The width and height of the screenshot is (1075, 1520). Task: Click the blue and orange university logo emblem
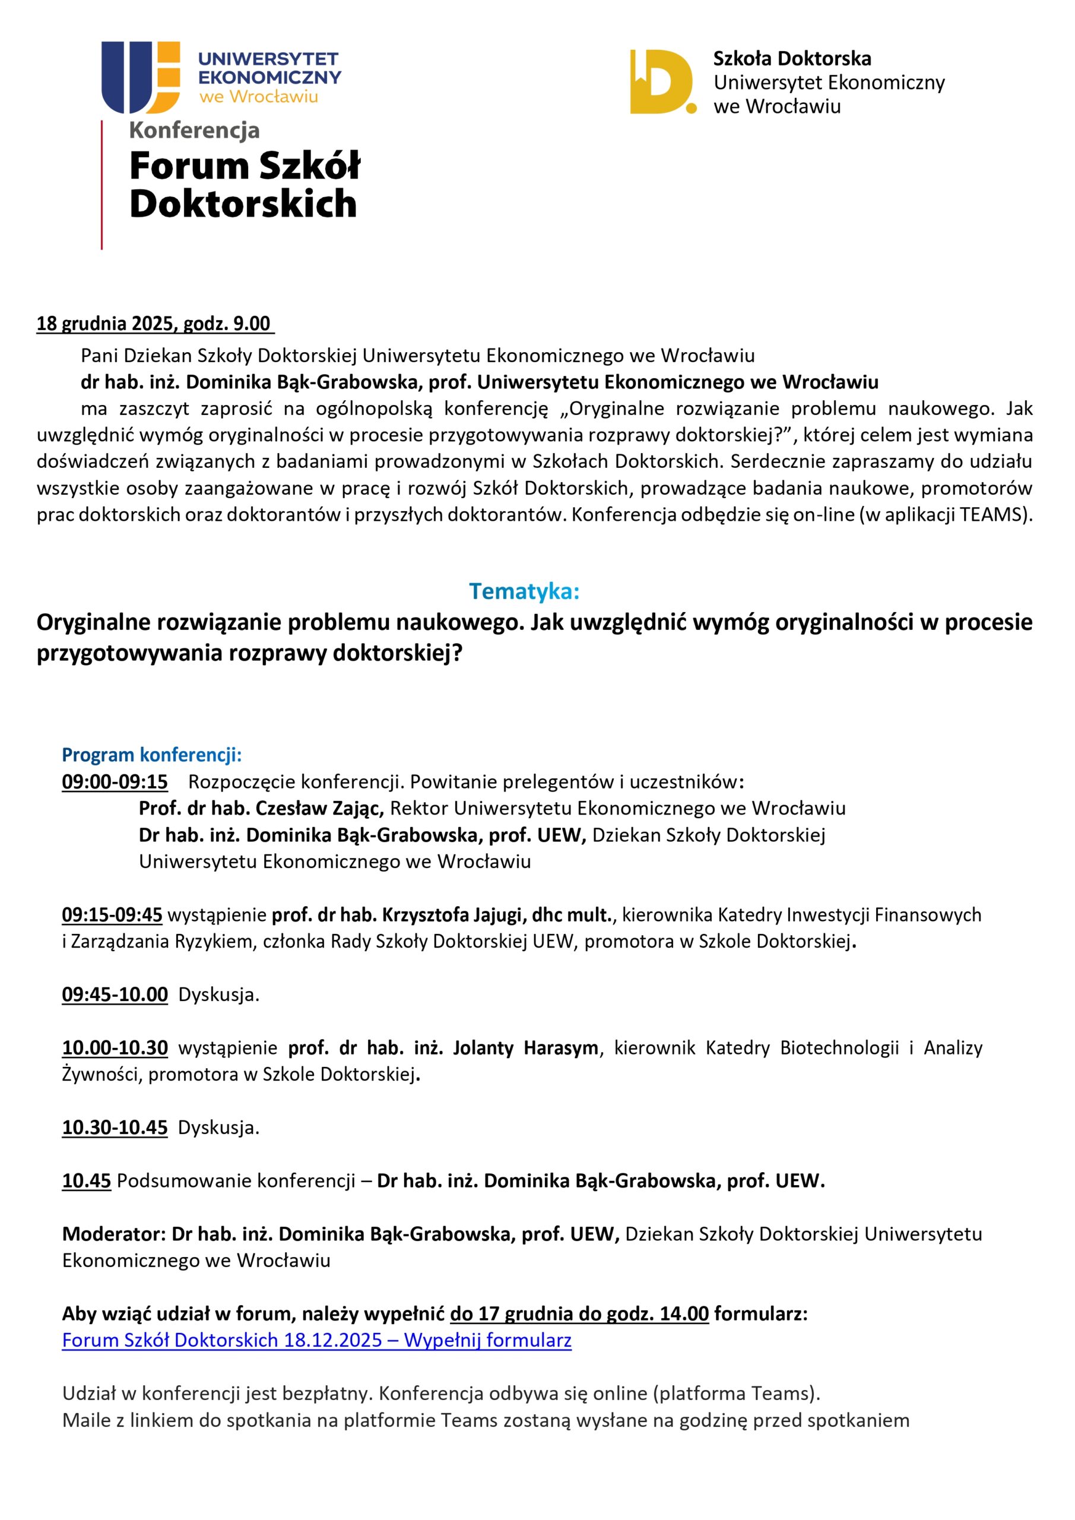coord(140,77)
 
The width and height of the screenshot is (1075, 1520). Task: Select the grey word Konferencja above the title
coord(194,131)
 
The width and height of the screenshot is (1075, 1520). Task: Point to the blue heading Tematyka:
coord(524,591)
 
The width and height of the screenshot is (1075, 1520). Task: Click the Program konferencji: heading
coord(151,755)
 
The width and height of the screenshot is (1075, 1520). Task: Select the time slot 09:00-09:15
coord(115,782)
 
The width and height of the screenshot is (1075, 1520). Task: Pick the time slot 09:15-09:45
coord(112,915)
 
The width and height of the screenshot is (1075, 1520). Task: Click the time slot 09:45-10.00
coord(115,995)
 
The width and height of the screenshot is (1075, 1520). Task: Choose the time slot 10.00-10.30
coord(115,1048)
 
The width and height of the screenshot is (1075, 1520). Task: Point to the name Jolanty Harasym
coord(525,1048)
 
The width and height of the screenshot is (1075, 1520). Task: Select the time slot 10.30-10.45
coord(115,1128)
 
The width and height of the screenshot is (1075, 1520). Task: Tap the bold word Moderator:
coord(114,1234)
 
